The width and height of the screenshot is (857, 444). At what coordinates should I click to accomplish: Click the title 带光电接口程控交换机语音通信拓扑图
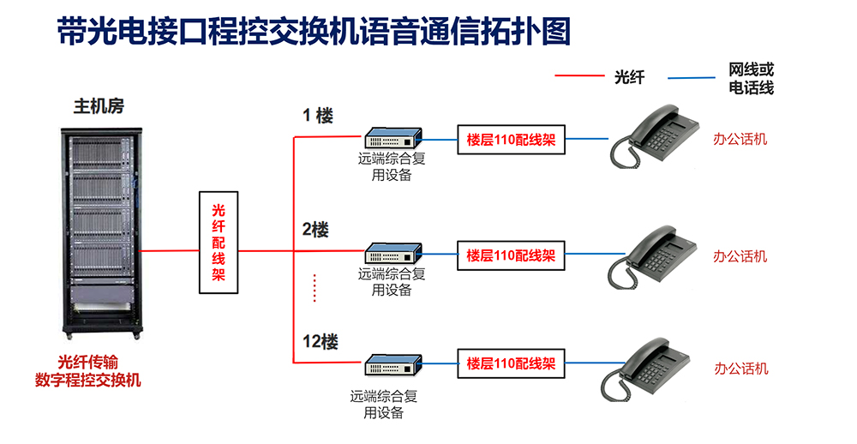(314, 32)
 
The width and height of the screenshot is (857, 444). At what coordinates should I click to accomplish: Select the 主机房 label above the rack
(99, 107)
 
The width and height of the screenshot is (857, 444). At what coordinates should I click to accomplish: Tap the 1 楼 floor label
(317, 116)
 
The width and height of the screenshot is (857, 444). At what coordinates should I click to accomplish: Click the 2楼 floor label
(315, 230)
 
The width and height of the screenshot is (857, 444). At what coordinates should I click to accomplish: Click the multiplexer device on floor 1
(393, 138)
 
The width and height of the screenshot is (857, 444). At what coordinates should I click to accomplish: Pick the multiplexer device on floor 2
(393, 254)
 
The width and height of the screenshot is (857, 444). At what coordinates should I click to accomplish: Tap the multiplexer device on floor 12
(393, 364)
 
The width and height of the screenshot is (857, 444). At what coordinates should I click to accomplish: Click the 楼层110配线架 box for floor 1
(511, 140)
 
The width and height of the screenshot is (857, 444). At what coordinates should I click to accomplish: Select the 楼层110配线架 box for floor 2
(511, 255)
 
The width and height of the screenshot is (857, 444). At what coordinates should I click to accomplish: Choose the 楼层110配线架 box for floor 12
(511, 363)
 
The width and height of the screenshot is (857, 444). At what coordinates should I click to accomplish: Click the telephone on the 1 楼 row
(655, 135)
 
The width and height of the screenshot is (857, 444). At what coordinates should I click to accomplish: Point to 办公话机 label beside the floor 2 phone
(740, 256)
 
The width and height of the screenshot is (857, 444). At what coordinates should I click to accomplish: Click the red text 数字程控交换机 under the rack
(88, 380)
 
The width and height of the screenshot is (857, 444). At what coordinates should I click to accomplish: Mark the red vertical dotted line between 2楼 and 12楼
(315, 288)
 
